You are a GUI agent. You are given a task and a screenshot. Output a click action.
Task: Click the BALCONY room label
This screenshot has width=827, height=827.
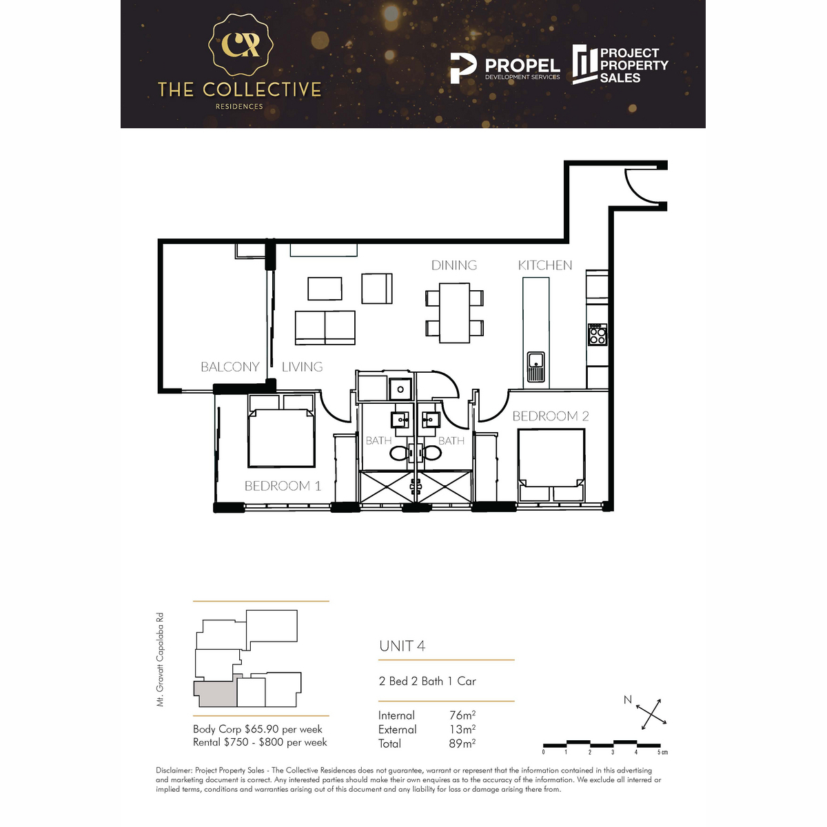point(229,367)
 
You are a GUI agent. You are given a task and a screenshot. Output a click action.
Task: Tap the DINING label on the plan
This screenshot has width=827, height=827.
point(454,265)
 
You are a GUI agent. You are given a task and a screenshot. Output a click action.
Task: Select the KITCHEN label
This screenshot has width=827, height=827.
point(545,265)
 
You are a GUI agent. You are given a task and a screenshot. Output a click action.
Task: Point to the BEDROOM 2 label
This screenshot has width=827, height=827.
point(551,416)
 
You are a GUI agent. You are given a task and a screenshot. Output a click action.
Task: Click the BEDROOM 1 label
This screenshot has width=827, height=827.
point(283,486)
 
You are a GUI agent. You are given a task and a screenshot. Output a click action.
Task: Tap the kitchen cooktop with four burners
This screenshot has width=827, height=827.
point(598,335)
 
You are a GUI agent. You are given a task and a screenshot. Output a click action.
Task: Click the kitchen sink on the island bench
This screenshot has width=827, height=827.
point(535,366)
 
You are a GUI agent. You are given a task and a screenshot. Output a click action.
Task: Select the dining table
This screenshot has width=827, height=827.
point(454,313)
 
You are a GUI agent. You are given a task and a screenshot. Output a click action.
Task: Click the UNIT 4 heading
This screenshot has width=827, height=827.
point(402,646)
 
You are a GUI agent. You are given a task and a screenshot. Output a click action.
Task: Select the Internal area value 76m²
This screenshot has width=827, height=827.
point(462,715)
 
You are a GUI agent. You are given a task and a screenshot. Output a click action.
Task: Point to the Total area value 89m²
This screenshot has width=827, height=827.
point(462,744)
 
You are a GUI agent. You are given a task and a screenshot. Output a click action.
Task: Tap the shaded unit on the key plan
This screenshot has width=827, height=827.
point(215,693)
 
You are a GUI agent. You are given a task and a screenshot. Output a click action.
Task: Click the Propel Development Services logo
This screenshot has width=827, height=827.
point(504,68)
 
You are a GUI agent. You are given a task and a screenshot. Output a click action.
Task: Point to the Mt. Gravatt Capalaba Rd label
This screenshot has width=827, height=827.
point(160,660)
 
